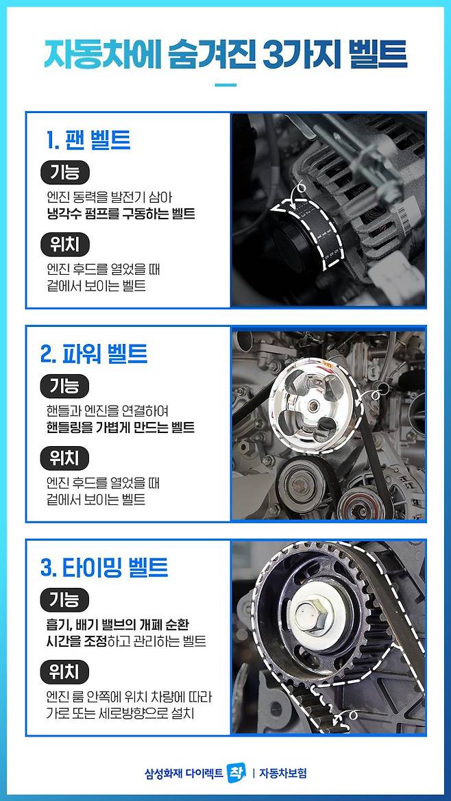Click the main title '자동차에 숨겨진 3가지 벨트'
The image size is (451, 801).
tap(225, 55)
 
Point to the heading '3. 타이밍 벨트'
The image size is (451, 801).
tap(104, 567)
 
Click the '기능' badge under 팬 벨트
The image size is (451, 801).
tap(64, 173)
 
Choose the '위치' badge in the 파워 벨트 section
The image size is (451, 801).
tap(64, 458)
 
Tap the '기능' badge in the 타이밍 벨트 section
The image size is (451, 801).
tap(64, 600)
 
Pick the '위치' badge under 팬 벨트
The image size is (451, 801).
tap(64, 245)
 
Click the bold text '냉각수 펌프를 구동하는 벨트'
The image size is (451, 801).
tap(121, 213)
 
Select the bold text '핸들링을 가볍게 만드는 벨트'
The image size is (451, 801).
tap(121, 427)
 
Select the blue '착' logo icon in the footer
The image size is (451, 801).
tap(236, 773)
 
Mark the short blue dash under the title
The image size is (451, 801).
tap(225, 85)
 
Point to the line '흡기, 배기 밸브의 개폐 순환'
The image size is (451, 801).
tap(119, 626)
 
